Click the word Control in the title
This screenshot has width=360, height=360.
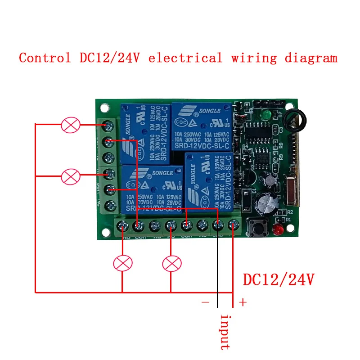45,58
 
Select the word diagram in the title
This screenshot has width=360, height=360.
310,58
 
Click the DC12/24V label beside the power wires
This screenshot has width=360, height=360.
278,279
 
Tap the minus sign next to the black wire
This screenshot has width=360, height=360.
206,302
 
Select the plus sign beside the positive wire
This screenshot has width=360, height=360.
243,302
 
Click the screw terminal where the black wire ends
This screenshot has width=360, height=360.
217,225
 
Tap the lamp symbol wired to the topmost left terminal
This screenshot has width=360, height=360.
71,125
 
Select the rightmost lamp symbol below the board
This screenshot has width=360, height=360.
171,263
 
